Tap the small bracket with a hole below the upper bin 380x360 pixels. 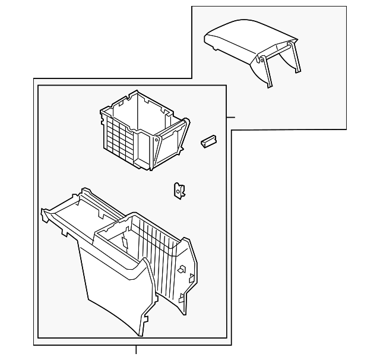coord(178,190)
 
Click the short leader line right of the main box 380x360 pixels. coord(231,117)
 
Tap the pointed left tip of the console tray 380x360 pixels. coord(43,211)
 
